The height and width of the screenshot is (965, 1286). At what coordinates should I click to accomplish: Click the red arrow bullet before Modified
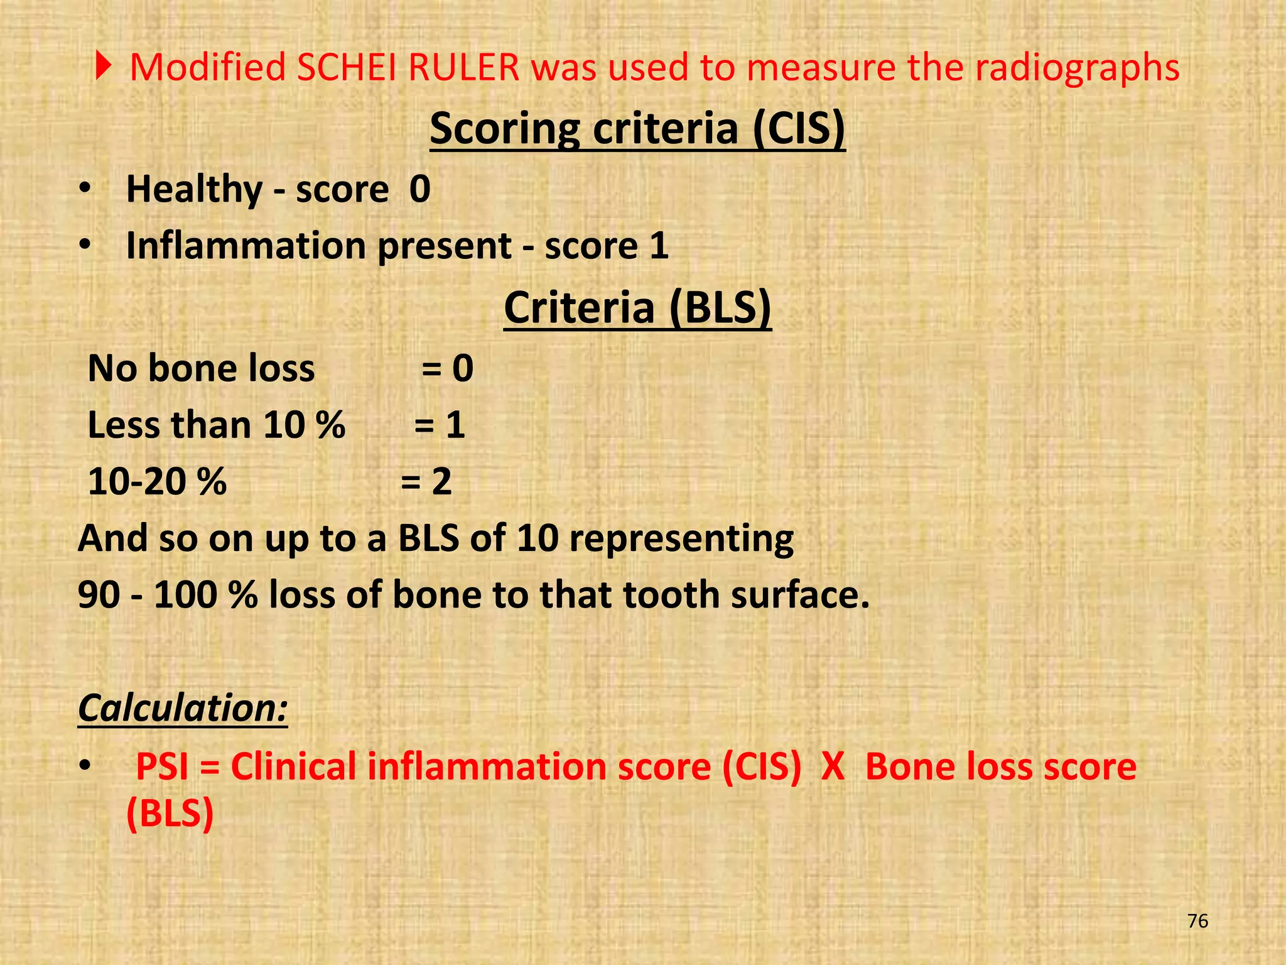tap(103, 67)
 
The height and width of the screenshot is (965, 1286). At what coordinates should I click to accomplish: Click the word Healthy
tap(195, 189)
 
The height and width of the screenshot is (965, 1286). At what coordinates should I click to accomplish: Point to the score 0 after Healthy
tap(419, 189)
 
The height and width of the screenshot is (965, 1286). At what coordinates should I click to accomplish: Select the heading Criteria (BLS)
tap(637, 308)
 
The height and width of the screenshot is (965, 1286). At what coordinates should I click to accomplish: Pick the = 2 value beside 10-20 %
tap(426, 482)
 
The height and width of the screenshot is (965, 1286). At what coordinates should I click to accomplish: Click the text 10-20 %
tap(157, 482)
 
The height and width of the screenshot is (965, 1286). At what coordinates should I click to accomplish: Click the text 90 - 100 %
tap(168, 594)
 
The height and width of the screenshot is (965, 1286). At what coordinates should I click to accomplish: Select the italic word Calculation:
tap(183, 708)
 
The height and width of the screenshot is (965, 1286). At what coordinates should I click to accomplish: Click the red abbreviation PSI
tap(163, 766)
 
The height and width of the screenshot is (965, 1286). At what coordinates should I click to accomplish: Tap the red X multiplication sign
tap(833, 766)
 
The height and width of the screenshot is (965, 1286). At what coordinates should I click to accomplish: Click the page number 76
tap(1198, 921)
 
